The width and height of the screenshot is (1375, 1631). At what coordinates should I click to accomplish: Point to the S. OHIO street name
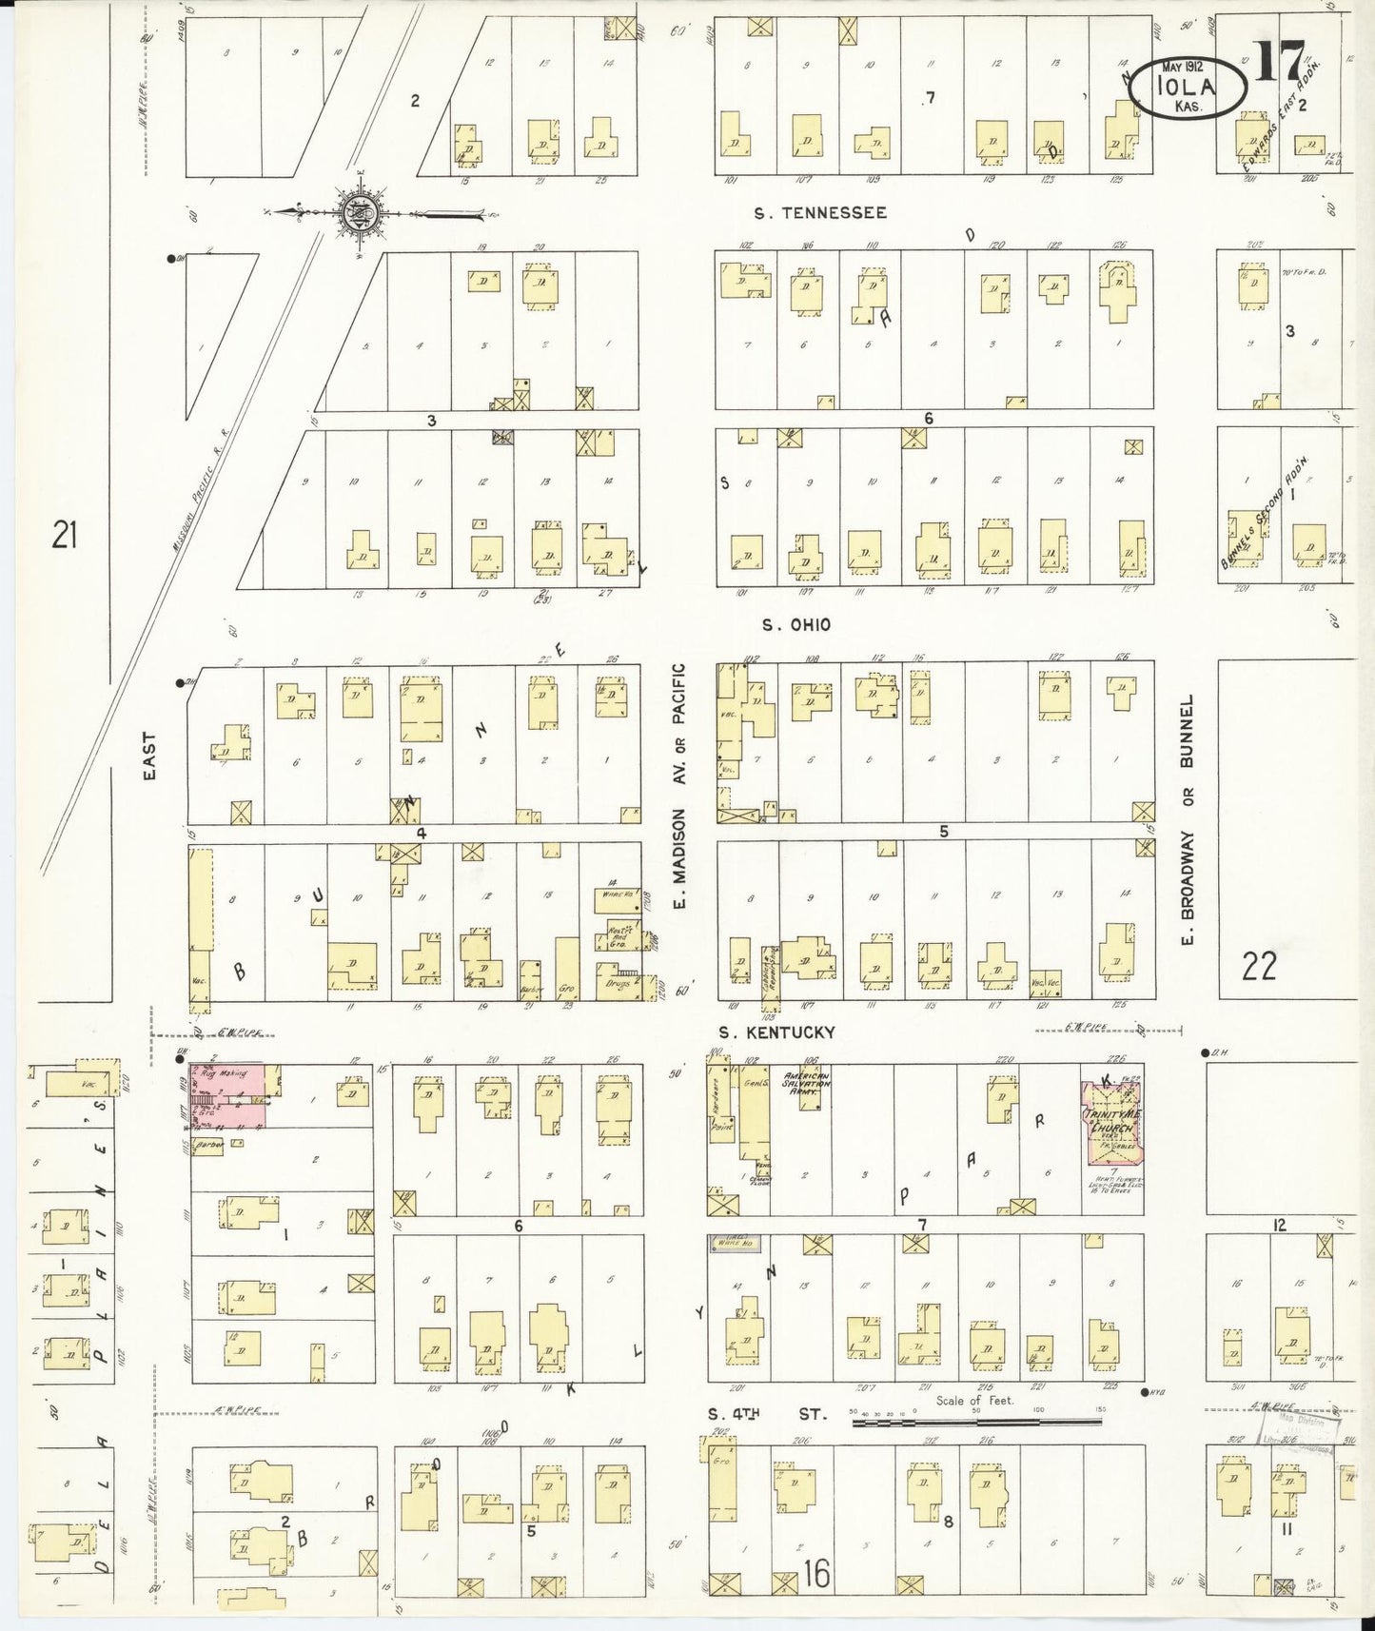pos(796,624)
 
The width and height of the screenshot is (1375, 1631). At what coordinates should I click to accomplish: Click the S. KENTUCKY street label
pos(776,1032)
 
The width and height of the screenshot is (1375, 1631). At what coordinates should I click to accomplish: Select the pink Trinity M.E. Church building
pos(1111,1122)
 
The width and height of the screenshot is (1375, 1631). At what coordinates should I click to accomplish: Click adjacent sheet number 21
pos(64,537)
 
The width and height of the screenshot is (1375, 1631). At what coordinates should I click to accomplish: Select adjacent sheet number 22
pos(1258,967)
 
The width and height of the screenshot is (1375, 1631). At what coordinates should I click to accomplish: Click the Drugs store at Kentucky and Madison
pos(619,978)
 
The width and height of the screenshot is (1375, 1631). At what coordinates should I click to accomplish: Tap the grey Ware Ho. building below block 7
pos(733,1242)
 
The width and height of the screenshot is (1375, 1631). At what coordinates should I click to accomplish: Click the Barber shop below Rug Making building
pos(207,1147)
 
